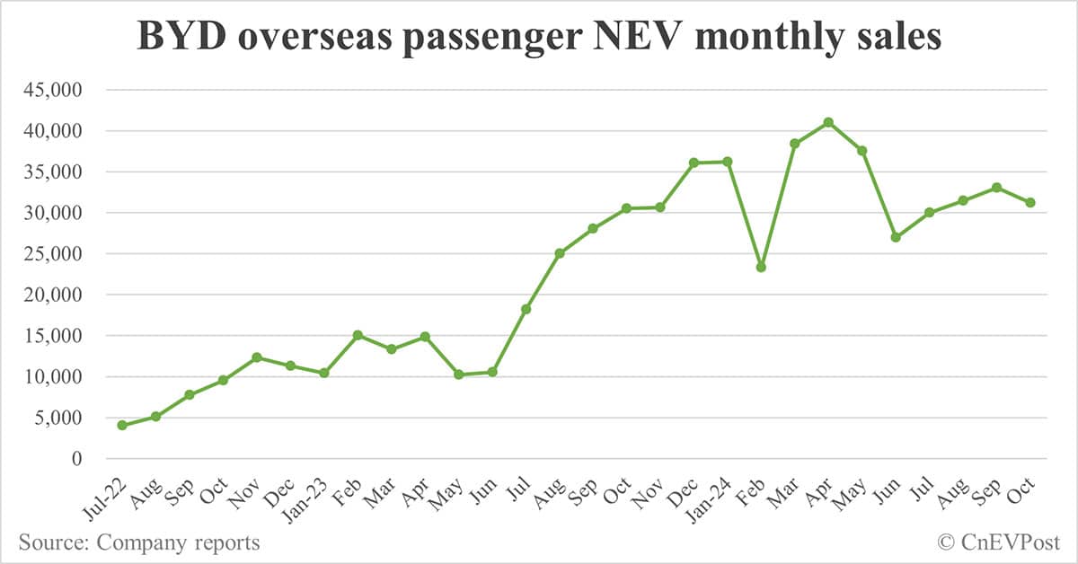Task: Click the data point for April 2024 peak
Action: click(x=828, y=122)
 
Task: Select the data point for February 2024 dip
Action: click(x=761, y=267)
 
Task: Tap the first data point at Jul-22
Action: click(x=122, y=425)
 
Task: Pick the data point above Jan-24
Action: click(x=727, y=162)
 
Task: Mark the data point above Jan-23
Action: click(x=323, y=373)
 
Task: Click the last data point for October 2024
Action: click(x=1030, y=202)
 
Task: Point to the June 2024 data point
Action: click(x=896, y=237)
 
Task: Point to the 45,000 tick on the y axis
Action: click(x=57, y=90)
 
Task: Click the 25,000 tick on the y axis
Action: click(x=57, y=254)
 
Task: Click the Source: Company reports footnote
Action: click(x=139, y=542)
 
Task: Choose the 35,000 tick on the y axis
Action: click(x=57, y=172)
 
